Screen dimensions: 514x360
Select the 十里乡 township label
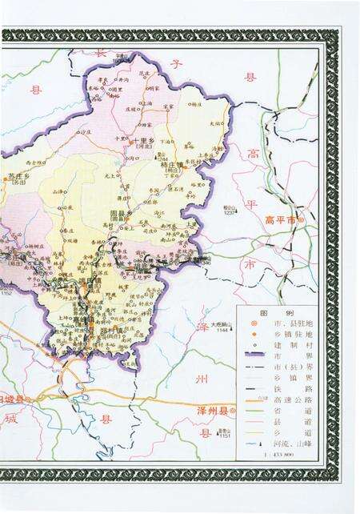(145, 141)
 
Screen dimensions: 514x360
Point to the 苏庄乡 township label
(18, 175)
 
